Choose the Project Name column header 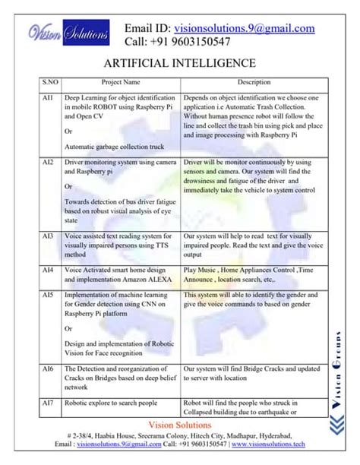tap(121, 81)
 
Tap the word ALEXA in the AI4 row tap(155, 279)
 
